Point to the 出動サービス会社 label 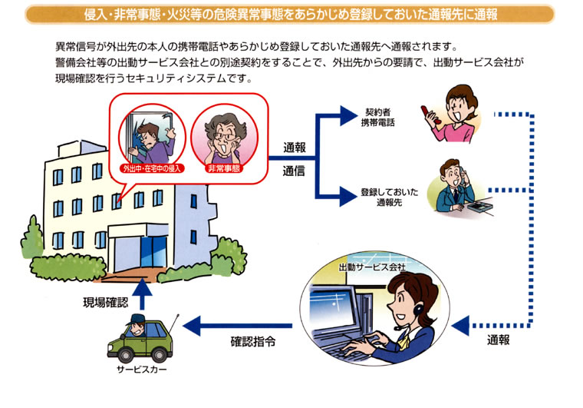(x=372, y=267)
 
